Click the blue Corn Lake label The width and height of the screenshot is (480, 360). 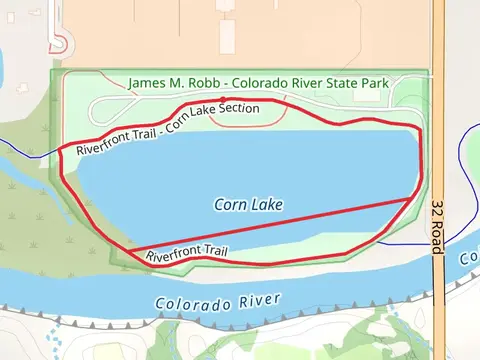click(248, 204)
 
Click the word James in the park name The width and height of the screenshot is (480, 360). click(148, 83)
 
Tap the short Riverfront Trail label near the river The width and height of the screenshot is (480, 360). click(187, 254)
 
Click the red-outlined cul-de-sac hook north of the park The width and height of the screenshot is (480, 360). click(63, 43)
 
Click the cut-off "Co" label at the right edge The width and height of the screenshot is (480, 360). click(471, 258)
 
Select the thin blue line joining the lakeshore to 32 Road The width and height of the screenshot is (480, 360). click(405, 243)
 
